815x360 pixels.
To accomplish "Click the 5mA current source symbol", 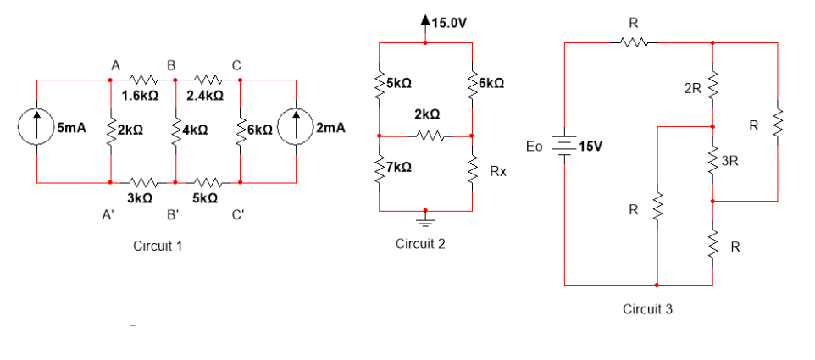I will (x=37, y=130).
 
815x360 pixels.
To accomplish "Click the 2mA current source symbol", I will (x=296, y=130).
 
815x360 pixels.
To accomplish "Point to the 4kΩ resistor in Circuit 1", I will (x=175, y=131).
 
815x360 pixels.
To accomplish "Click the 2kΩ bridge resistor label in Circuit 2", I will (x=427, y=114).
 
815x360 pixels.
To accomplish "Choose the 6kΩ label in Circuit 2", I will (x=494, y=83).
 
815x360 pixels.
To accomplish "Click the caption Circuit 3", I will (x=647, y=308).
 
